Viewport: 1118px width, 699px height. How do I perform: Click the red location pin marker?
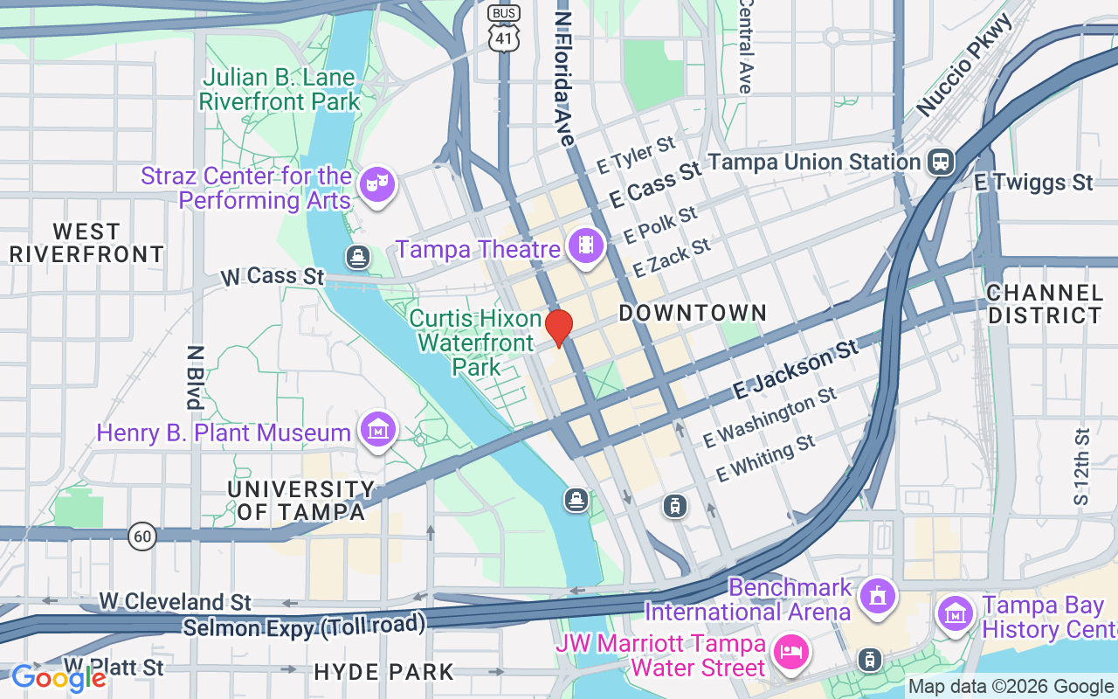[558, 328]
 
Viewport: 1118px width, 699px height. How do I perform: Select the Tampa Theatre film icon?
[585, 246]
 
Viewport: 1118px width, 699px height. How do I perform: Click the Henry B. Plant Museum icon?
[377, 430]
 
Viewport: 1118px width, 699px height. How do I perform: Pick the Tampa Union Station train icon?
[941, 162]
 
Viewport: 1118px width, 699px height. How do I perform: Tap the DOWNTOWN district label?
[693, 313]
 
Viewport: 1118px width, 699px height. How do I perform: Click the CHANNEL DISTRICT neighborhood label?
[1045, 303]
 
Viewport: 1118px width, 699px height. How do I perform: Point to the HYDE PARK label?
[383, 672]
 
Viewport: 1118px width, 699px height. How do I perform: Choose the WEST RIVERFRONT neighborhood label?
[86, 243]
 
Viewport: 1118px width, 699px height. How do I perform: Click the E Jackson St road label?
[796, 370]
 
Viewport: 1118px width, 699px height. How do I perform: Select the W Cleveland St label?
[175, 601]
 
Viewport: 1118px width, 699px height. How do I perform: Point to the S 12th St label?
[1082, 467]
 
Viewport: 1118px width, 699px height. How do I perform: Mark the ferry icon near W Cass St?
[357, 257]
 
